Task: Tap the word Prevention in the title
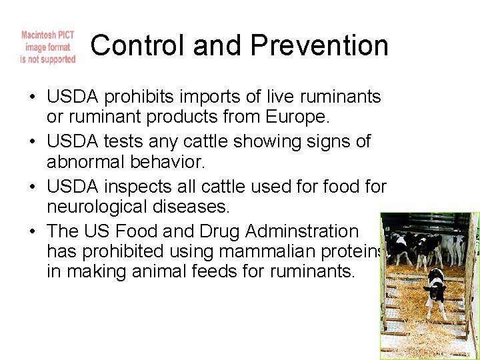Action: (320, 46)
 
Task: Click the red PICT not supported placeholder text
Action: (48, 47)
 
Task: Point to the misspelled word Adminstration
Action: (302, 231)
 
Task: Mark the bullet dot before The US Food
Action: (33, 231)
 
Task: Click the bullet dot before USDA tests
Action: (33, 142)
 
